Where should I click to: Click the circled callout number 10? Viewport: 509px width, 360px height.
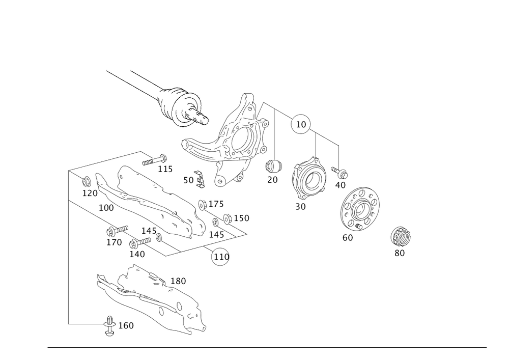300,124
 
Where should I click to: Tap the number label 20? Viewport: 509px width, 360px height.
272,180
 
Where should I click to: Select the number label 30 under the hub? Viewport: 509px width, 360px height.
300,207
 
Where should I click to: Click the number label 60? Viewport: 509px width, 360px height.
348,238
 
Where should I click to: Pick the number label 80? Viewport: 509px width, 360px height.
400,253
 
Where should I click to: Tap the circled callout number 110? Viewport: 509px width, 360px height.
220,257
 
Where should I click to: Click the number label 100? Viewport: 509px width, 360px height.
106,208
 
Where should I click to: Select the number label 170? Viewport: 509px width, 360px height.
114,243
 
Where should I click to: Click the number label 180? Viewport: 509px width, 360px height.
178,281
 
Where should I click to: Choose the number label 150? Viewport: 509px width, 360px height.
241,218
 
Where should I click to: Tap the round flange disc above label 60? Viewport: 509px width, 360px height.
360,210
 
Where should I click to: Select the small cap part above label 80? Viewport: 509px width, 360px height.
400,236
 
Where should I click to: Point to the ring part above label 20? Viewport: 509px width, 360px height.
273,165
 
